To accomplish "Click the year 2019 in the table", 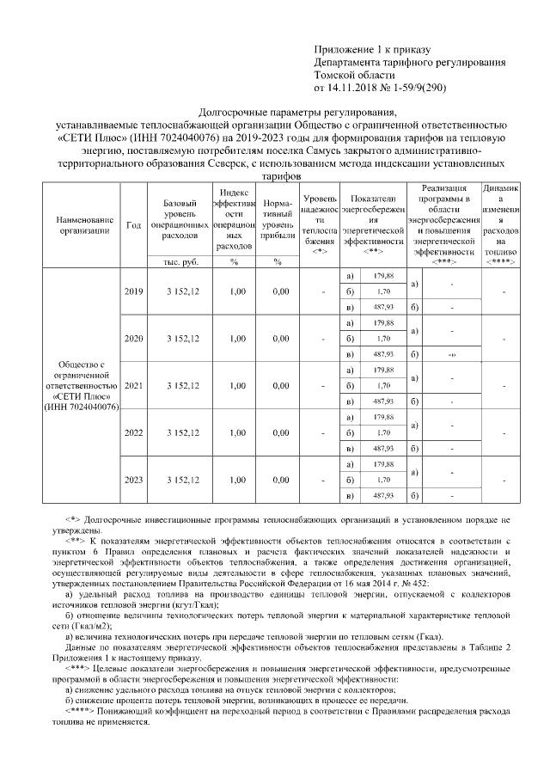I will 133,292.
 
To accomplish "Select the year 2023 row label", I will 133,479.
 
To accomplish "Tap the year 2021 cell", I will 133,386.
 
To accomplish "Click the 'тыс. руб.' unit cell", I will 180,261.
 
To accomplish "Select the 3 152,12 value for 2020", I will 182,339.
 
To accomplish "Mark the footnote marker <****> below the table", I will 83,710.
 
